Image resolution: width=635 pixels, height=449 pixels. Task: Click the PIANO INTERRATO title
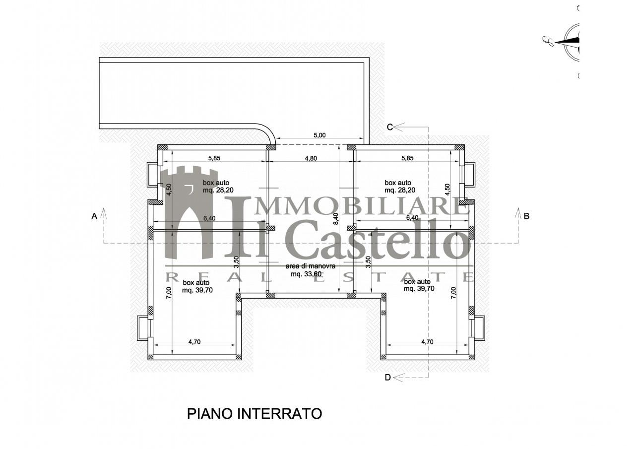click(254, 413)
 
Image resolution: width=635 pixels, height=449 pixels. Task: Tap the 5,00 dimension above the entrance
click(319, 134)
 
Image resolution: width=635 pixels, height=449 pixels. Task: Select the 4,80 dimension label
click(310, 158)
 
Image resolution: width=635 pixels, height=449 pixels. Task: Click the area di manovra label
click(310, 266)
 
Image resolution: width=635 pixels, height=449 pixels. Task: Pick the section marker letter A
click(94, 216)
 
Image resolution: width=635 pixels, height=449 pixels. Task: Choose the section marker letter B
click(527, 216)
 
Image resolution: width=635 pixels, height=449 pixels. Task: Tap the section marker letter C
click(390, 127)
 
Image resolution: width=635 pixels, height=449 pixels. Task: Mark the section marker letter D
click(388, 378)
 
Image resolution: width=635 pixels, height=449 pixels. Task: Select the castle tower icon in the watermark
click(189, 213)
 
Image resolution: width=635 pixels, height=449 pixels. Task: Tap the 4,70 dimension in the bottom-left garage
click(197, 341)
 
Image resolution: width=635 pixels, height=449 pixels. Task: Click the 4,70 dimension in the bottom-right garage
click(427, 341)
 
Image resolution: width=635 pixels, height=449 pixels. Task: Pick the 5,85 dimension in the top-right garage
click(407, 158)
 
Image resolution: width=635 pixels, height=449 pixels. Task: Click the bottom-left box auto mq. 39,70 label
click(197, 286)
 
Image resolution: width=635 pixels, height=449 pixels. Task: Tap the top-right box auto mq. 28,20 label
click(400, 186)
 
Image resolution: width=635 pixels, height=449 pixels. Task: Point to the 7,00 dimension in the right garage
click(452, 292)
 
